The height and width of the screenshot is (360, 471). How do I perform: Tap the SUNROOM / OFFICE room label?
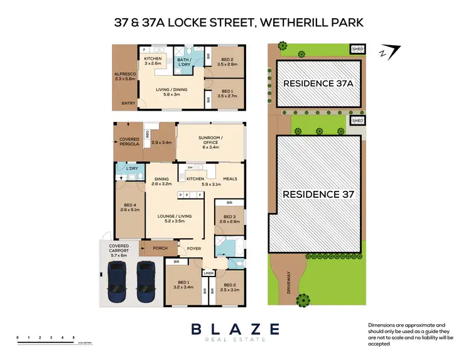(205, 139)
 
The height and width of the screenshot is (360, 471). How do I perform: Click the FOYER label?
(194, 248)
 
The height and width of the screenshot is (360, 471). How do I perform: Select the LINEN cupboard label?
(208, 273)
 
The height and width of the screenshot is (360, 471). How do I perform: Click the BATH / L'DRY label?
(186, 62)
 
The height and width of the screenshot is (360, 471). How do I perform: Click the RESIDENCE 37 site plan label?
(315, 194)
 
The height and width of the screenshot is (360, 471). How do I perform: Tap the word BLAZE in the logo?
(235, 329)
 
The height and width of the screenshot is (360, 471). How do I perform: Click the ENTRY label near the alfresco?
(129, 103)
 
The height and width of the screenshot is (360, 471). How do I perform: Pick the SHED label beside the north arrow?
(357, 48)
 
